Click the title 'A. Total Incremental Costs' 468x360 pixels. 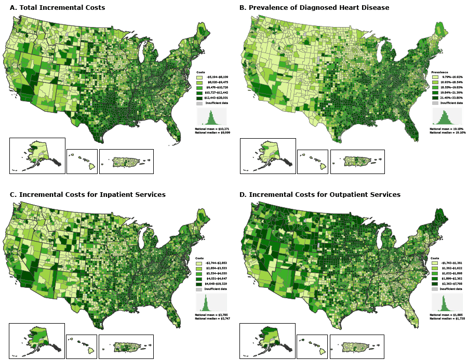pos(57,8)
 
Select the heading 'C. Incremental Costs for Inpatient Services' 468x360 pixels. pos(87,194)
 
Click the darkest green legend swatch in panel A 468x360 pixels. pos(199,98)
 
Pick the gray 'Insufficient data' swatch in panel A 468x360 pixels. pos(199,103)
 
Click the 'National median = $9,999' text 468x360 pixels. pos(213,132)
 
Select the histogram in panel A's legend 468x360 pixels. pos(212,116)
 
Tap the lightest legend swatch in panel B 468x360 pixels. pos(435,77)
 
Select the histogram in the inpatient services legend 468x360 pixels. pos(211,303)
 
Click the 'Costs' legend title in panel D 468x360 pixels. pos(435,258)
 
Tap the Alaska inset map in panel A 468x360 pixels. pos(37,155)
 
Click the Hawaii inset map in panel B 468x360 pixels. pos(312,162)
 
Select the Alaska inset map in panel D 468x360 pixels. pos(267,340)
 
